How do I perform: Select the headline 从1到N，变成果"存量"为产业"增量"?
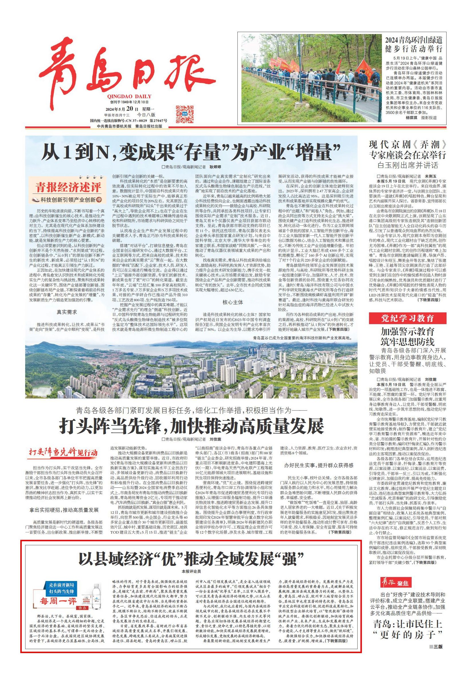(191, 152)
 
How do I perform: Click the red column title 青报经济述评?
(69, 187)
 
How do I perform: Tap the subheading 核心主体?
(233, 302)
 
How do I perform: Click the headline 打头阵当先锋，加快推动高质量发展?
(191, 426)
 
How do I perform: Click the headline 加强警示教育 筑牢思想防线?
(407, 336)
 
